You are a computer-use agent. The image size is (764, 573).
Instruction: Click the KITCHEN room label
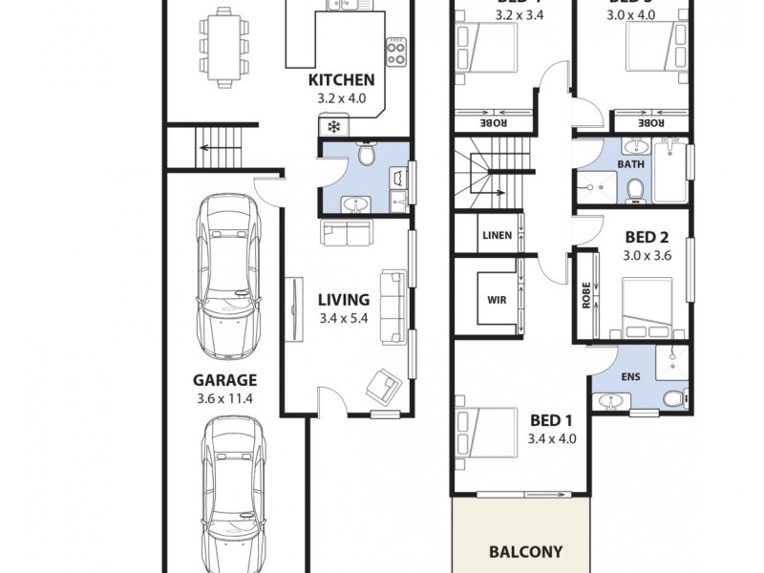tap(341, 80)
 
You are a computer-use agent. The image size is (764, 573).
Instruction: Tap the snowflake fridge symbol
tap(334, 126)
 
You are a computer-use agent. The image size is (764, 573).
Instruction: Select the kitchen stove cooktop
tap(395, 49)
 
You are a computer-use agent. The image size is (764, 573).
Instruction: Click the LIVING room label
tap(343, 299)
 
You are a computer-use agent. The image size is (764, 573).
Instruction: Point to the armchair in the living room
tap(384, 384)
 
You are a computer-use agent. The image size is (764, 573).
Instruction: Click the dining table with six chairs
tap(223, 48)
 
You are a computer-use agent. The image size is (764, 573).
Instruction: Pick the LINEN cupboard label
tap(498, 235)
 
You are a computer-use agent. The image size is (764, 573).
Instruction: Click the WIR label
tap(497, 298)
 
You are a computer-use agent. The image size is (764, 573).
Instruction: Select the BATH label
tap(630, 164)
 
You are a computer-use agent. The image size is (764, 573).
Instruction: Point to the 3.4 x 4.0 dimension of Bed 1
tap(552, 439)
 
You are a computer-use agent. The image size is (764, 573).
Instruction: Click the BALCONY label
tap(524, 551)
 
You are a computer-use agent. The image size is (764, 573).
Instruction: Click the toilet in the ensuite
tap(673, 396)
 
